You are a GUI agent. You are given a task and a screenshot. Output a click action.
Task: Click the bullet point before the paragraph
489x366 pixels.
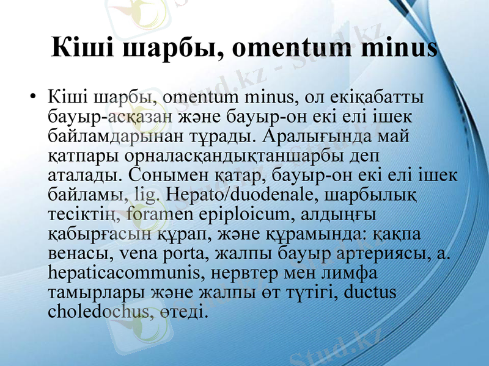(x=33, y=98)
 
